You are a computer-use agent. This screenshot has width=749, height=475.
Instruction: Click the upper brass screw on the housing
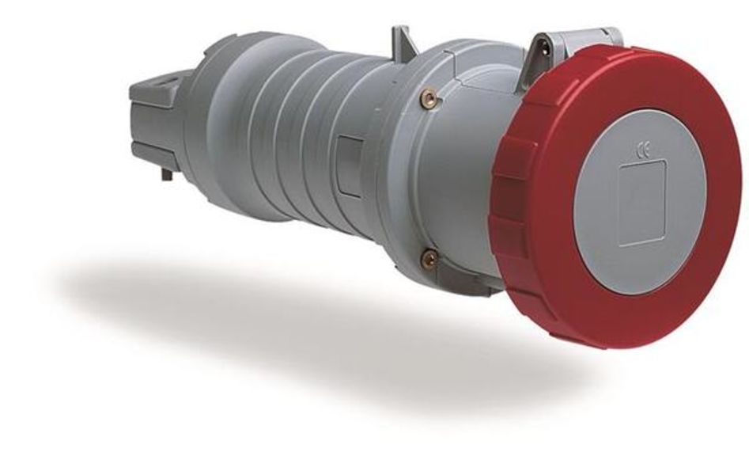[x=429, y=97]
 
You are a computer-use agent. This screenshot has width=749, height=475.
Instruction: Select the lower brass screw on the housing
[x=429, y=257]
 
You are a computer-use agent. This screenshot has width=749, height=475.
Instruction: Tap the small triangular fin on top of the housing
[x=403, y=40]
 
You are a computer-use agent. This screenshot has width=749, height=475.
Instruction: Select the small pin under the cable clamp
[x=167, y=172]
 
